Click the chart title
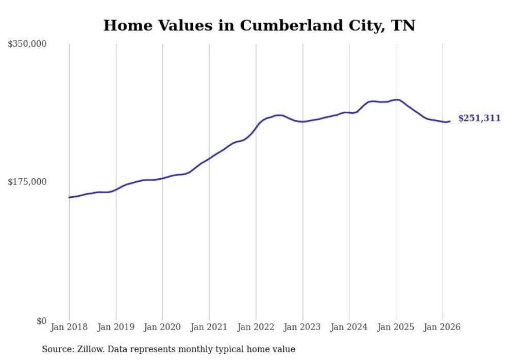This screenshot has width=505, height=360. (x=259, y=25)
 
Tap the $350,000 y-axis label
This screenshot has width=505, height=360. (x=27, y=44)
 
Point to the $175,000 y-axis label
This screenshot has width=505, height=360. (x=27, y=182)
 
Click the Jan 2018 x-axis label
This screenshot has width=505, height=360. (x=69, y=327)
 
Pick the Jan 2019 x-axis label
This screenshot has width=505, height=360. (x=116, y=327)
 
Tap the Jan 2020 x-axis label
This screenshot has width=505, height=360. (x=162, y=327)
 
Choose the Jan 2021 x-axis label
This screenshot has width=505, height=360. (x=209, y=327)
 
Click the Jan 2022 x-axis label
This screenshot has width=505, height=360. (x=256, y=327)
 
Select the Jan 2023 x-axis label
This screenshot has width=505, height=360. (x=302, y=327)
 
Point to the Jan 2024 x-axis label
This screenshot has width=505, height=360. (x=349, y=327)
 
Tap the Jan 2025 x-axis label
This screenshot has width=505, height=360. (x=396, y=327)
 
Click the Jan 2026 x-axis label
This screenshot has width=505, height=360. (x=442, y=327)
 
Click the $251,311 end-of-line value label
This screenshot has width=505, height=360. (x=479, y=118)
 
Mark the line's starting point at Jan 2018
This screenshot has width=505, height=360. (x=69, y=197)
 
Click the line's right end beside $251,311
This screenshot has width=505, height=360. (x=450, y=121)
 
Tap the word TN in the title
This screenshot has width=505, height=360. (x=403, y=25)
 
